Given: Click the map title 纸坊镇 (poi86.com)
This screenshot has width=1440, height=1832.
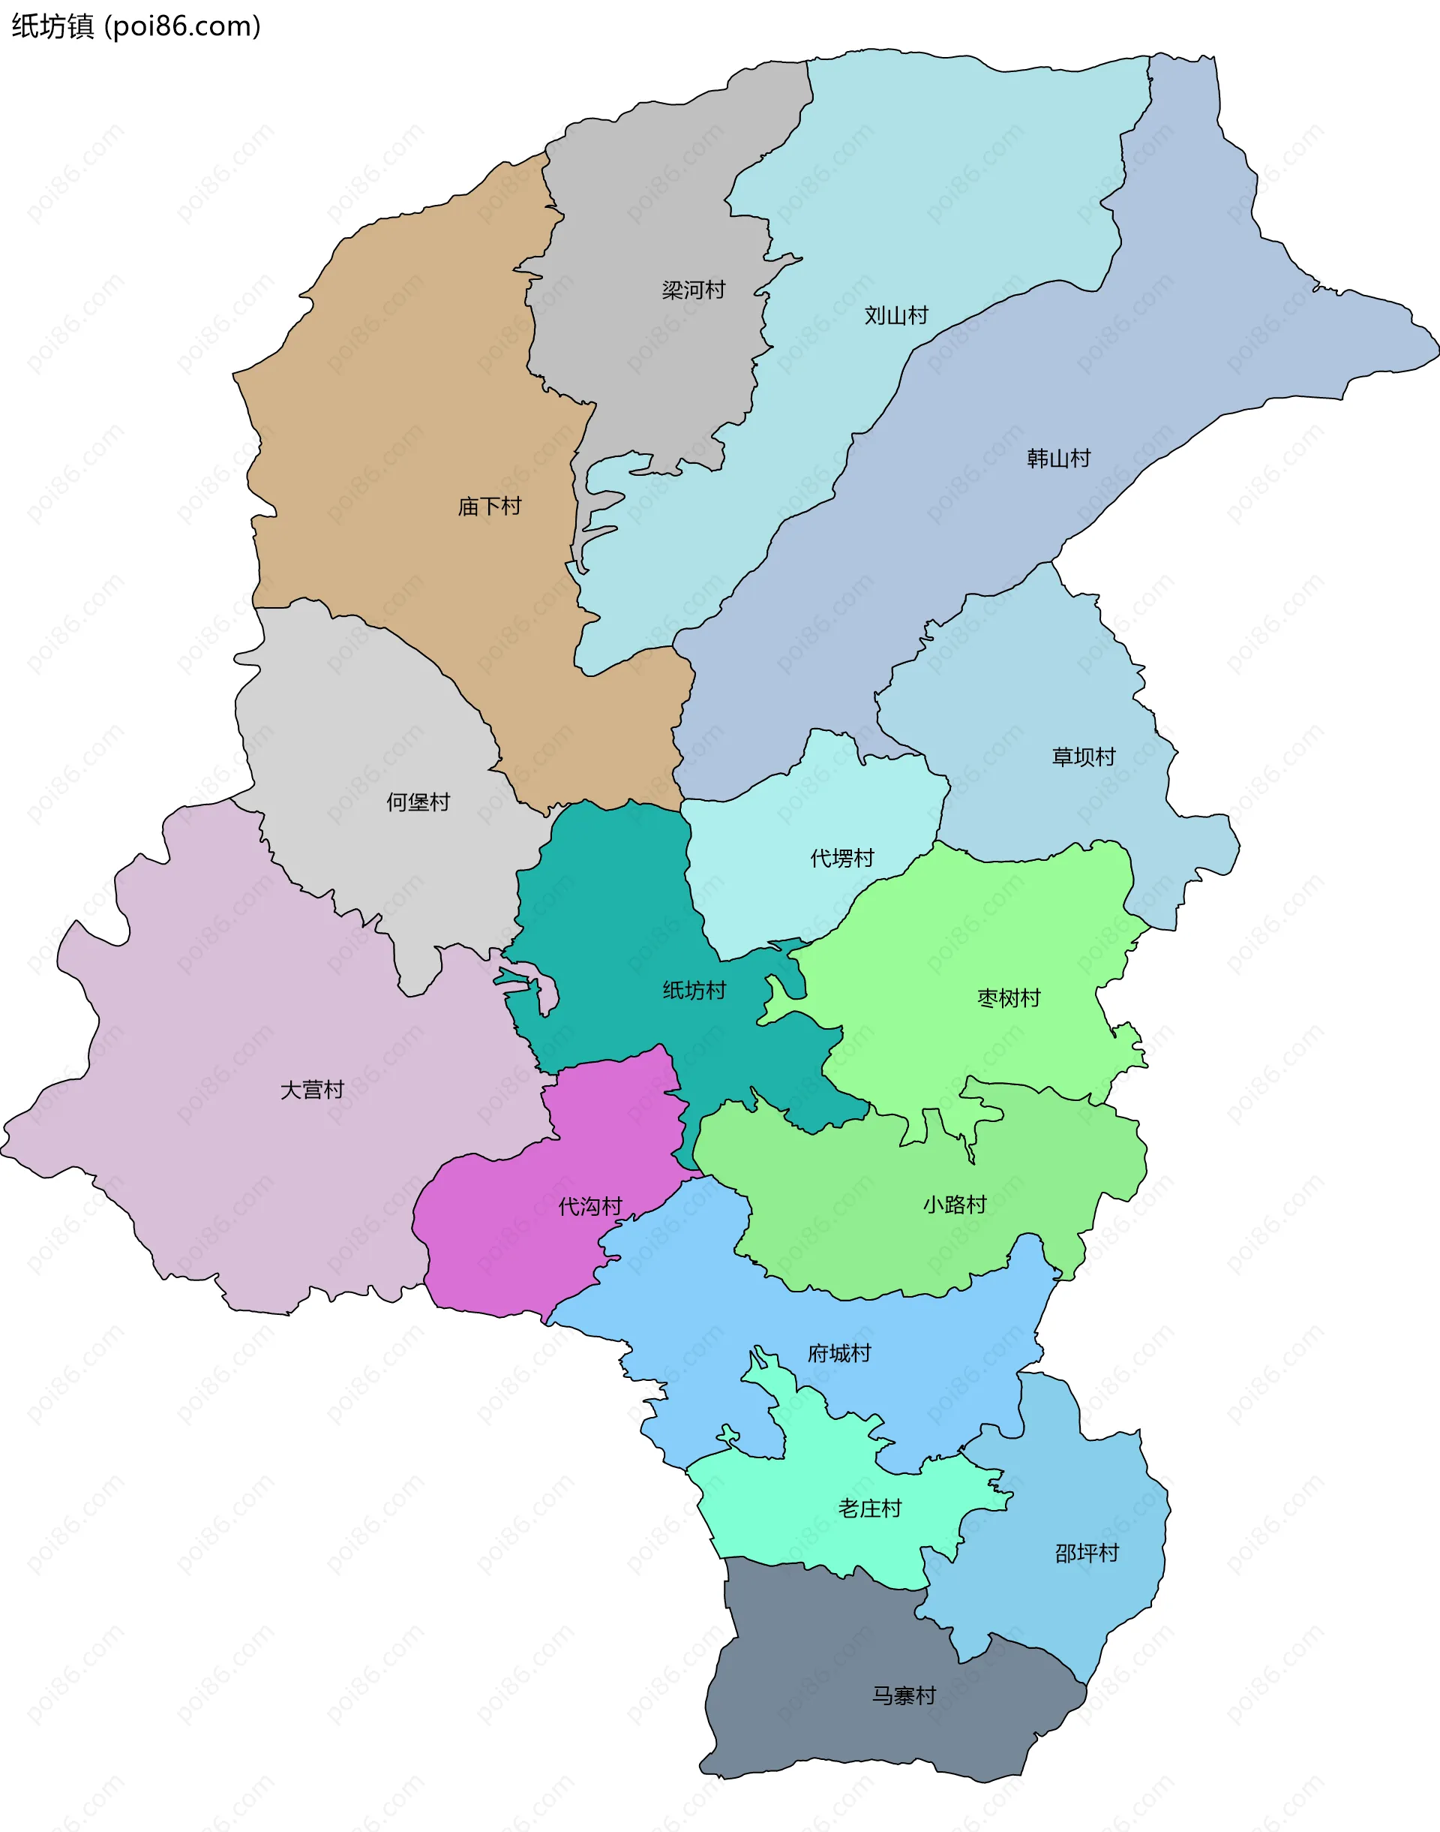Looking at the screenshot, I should (136, 26).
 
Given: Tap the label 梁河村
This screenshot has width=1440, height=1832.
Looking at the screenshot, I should (693, 290).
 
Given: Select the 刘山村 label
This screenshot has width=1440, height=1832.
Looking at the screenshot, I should (895, 315).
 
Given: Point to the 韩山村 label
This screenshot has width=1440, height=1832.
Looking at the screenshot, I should (1058, 458).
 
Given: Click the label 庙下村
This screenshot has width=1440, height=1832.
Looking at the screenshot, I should (489, 506).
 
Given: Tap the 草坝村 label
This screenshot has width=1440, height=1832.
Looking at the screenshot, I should (1082, 757).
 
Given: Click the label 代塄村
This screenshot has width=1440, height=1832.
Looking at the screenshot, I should (841, 858).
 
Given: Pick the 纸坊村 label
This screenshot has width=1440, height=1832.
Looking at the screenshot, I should (693, 990).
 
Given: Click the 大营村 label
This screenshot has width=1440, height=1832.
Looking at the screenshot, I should (312, 1090).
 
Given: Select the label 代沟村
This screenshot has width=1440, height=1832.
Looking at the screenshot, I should (589, 1206).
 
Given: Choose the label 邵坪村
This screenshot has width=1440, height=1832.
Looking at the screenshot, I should (1086, 1553).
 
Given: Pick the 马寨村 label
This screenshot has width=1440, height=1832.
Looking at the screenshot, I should (903, 1695).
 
